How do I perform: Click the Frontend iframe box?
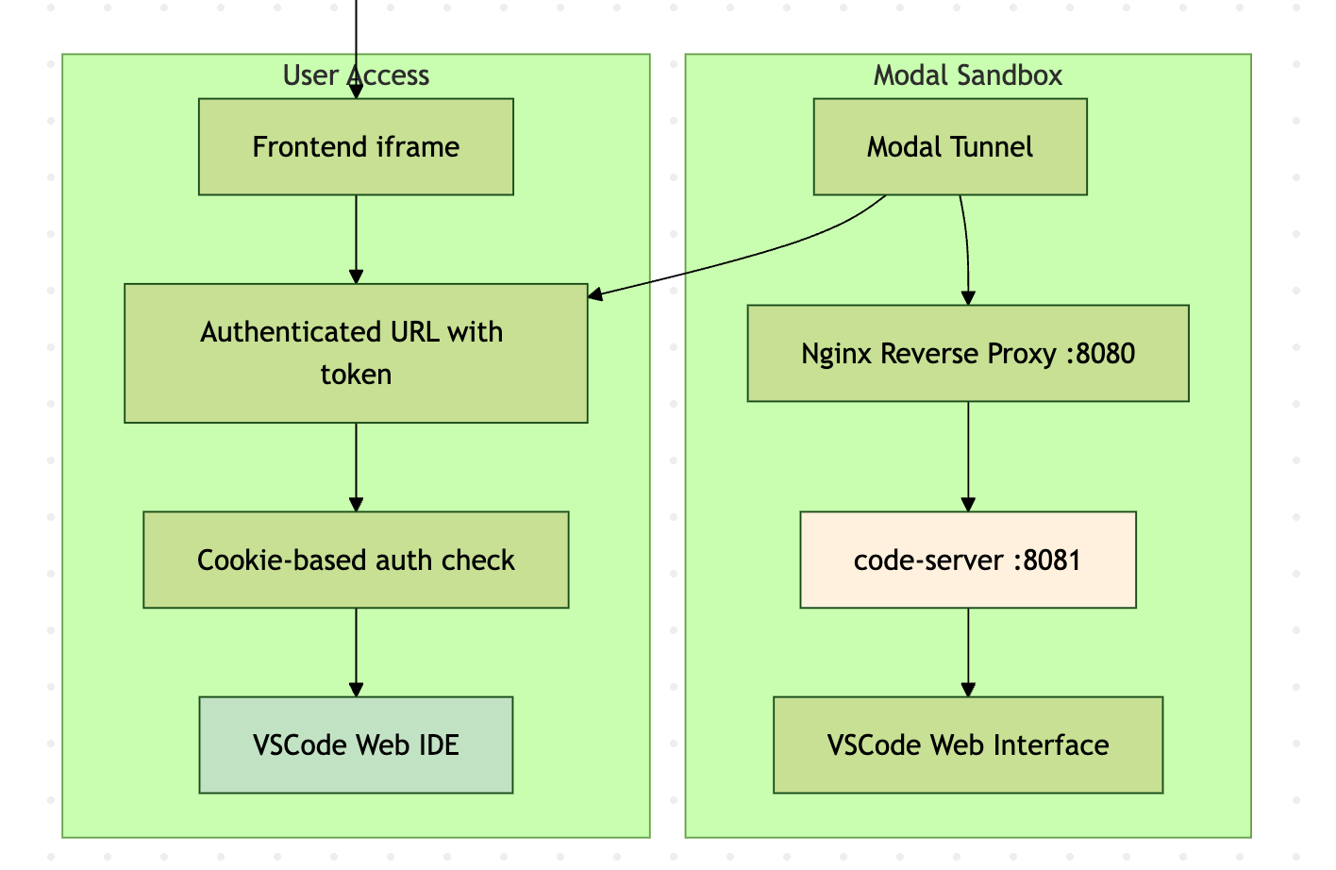[x=356, y=147]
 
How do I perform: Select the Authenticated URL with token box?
[x=356, y=353]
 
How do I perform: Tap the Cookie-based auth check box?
[x=356, y=560]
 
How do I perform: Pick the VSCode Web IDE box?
[x=356, y=745]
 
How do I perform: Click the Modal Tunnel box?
[x=950, y=147]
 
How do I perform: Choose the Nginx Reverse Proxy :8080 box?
[x=968, y=353]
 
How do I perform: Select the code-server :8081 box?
[x=968, y=560]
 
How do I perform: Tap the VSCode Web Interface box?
[x=968, y=745]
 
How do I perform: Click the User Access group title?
[x=356, y=75]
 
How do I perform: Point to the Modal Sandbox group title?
[x=968, y=75]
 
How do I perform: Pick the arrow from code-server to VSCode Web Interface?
[x=968, y=652]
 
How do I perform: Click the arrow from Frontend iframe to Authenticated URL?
[x=356, y=239]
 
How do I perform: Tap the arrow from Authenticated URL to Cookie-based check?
[x=356, y=466]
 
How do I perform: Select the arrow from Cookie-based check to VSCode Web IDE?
[x=356, y=652]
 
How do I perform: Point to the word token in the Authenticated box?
[x=356, y=375]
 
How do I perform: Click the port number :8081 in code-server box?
[x=1047, y=560]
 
